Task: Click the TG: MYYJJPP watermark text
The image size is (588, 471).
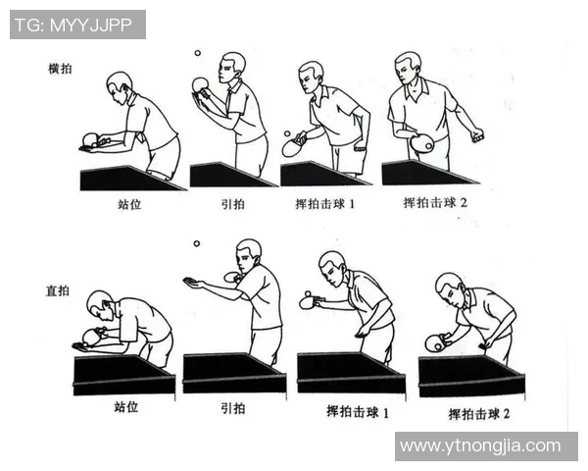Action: (77, 25)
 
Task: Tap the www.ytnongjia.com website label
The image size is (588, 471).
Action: (485, 445)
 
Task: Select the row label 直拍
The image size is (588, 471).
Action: (58, 291)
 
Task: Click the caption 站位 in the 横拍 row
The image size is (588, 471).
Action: (131, 207)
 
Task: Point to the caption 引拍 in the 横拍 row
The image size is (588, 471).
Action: (233, 206)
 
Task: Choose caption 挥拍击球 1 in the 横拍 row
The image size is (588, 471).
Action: (328, 206)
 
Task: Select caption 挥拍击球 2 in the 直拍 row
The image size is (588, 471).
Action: (479, 414)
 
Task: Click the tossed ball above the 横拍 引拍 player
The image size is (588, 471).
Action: (197, 54)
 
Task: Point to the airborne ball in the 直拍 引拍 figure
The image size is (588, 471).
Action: (196, 243)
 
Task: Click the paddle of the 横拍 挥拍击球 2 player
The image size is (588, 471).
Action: (422, 144)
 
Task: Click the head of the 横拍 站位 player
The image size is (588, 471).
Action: (119, 83)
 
